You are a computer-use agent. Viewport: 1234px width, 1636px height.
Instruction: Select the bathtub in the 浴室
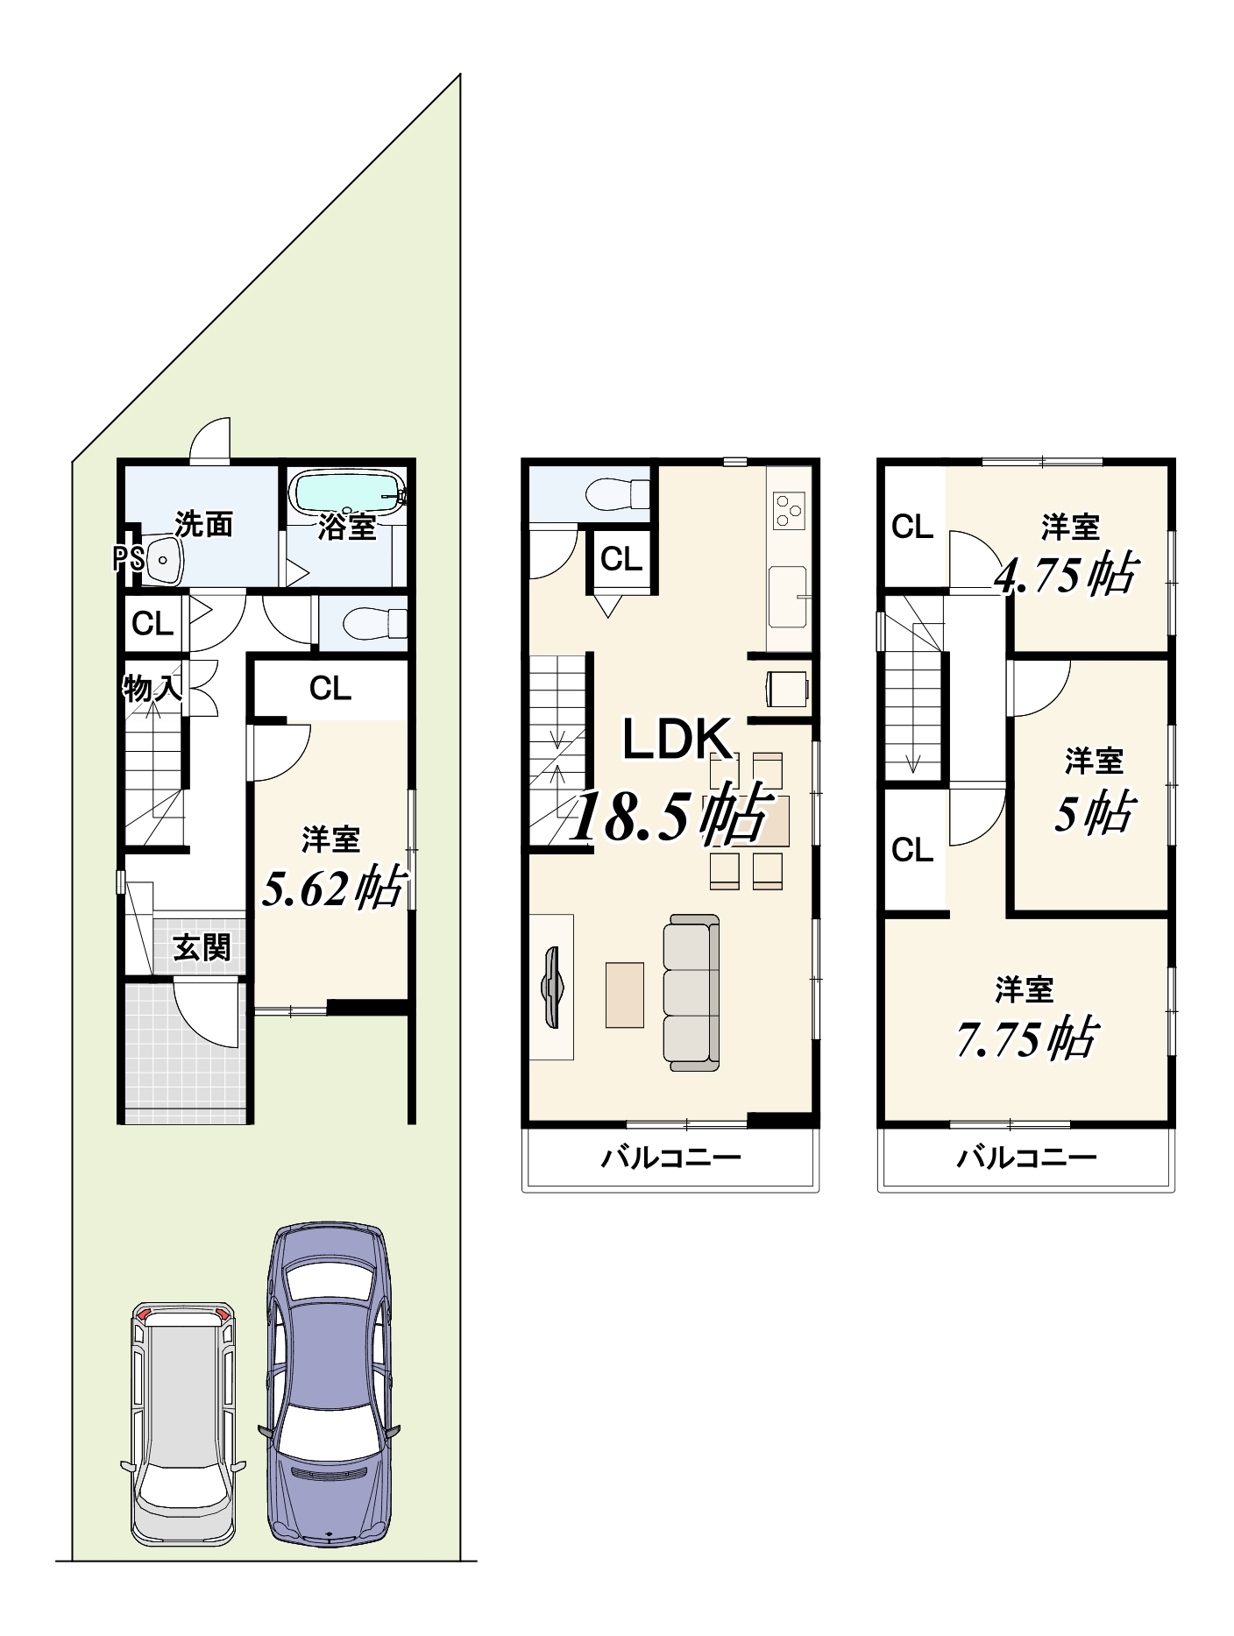tap(349, 493)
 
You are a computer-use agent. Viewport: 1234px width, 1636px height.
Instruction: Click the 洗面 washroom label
tap(203, 524)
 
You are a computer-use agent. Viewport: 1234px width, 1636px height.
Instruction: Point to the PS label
tap(128, 559)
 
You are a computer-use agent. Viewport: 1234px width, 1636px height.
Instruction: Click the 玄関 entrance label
tap(202, 947)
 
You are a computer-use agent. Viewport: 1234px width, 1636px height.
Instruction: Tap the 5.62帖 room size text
tap(333, 887)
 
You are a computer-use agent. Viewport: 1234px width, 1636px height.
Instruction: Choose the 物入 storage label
tap(152, 689)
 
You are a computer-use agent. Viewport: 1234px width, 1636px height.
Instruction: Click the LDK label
tap(677, 739)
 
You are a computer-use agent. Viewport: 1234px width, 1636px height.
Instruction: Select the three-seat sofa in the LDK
tap(691, 993)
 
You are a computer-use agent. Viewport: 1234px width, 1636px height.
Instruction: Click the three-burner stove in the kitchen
tap(788, 507)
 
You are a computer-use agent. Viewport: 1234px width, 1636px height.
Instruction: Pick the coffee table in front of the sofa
tap(625, 995)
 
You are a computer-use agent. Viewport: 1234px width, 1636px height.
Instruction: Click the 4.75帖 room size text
tap(1065, 575)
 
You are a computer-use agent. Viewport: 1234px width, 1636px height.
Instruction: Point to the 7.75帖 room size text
tap(1025, 1038)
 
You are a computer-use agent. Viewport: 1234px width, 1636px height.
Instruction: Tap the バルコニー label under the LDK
tap(670, 1158)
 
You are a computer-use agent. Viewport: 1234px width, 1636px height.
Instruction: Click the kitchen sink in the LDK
tap(788, 596)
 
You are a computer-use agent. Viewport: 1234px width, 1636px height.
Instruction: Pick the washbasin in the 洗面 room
tap(164, 558)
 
